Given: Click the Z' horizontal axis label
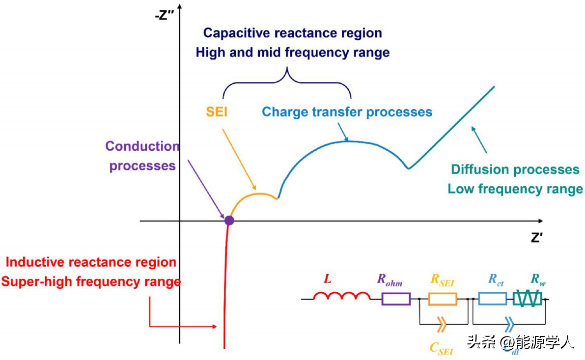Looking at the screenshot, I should point(536,237).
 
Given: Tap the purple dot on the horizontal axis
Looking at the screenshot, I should point(229,221).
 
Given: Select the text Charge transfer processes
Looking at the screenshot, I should point(347,112).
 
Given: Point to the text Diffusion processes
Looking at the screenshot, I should point(515,170).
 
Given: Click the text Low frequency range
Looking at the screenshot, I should point(515,189).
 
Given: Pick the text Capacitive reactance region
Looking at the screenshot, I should point(293,33).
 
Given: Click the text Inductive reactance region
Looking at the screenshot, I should point(91,262).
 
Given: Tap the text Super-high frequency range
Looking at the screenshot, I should point(91,282).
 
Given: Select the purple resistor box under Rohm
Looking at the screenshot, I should point(396,299).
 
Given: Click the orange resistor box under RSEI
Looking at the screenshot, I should point(443,299).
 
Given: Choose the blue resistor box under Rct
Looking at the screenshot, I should point(493,299).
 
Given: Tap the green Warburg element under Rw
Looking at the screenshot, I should point(528,299).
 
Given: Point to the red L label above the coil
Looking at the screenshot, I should point(328,279).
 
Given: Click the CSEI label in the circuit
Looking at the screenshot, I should point(441,348).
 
